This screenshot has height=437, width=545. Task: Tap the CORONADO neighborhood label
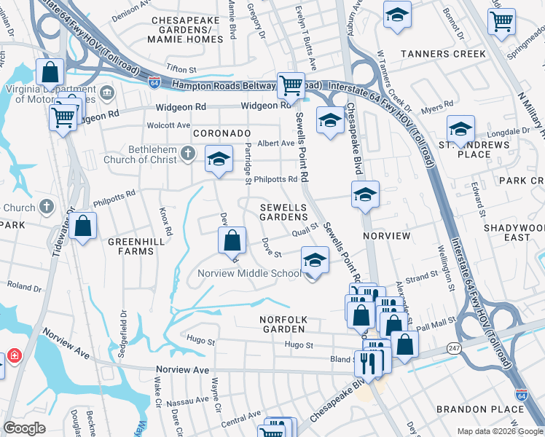[221, 134]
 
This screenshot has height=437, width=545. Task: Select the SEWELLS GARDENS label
[284, 213]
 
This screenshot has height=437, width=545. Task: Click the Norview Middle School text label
[250, 274]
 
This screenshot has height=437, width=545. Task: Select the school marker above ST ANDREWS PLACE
[460, 128]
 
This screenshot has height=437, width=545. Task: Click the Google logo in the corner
[25, 428]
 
